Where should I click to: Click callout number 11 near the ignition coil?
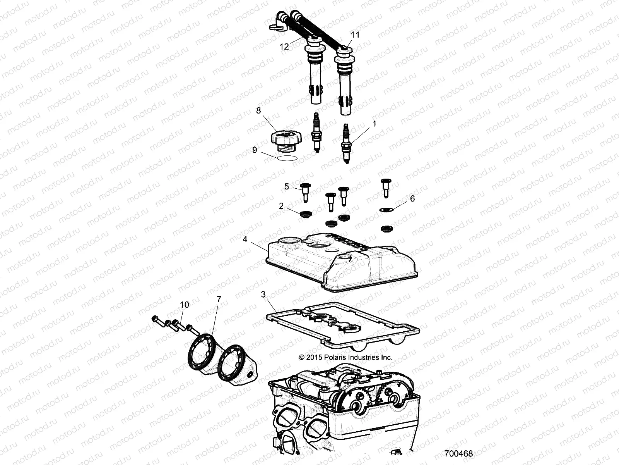coord(355,35)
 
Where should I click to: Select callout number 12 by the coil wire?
coord(284,47)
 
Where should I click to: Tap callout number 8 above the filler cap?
coord(258,111)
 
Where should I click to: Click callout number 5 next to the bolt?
coord(287,186)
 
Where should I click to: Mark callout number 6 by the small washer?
coord(412,198)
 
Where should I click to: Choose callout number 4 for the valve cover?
coord(245,239)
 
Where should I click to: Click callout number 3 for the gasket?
coord(263,295)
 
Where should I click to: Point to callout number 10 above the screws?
coord(185,305)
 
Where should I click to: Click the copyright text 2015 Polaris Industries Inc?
coord(346,357)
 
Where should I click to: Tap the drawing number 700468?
coord(458,453)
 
